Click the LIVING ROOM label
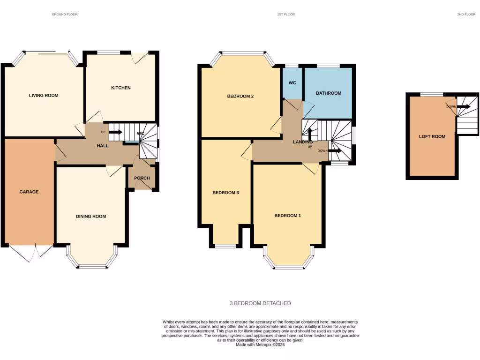point(44,96)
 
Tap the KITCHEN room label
point(120,88)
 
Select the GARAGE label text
point(29,192)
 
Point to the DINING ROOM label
point(91,217)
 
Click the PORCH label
point(142,178)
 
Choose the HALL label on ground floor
point(103,146)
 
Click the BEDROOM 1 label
point(287,216)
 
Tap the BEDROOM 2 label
point(240,97)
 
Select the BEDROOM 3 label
point(226,193)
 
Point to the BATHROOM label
point(328,93)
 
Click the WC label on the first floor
point(292,83)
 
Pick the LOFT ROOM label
point(432,137)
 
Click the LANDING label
point(303,142)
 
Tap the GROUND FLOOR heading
point(65,15)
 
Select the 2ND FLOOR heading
point(466,15)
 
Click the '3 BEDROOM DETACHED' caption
point(260,303)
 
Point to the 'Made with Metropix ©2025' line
point(260,345)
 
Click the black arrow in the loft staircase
point(464,107)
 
